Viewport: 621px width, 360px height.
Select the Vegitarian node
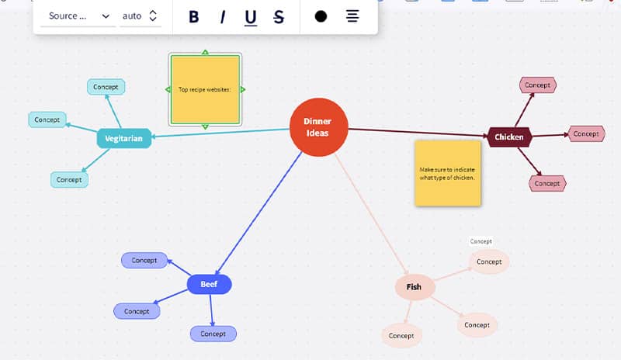coord(124,139)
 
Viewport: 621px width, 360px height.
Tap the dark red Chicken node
coord(509,137)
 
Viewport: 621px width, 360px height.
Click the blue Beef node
coord(210,285)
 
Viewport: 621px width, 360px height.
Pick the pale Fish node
coord(415,287)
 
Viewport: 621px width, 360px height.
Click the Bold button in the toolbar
coord(194,16)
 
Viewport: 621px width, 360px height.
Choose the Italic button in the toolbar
coord(222,16)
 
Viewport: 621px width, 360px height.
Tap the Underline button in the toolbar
coord(251,16)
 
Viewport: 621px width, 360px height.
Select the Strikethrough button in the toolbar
coord(279,16)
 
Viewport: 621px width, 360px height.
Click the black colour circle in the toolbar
coord(321,16)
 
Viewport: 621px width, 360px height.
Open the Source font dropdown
coord(78,16)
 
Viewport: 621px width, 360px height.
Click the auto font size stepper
coord(152,16)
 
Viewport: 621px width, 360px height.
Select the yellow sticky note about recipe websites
coord(205,89)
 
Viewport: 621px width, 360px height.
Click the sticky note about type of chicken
coord(447,173)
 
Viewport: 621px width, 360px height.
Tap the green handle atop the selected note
coord(205,53)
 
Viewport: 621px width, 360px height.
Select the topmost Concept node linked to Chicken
coord(538,85)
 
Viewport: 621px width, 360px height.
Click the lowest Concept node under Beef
coord(213,334)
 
